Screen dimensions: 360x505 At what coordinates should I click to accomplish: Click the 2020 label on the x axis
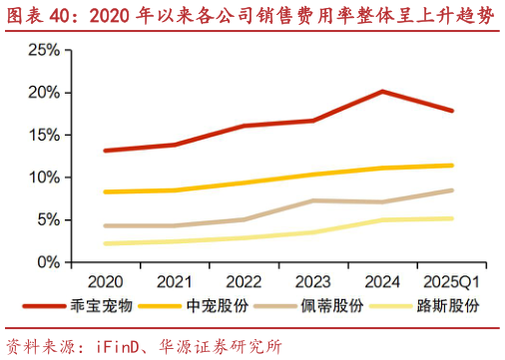pos(105,281)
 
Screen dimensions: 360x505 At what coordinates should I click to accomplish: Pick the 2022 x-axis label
pos(244,281)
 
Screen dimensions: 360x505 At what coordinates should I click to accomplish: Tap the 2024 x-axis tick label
pos(382,281)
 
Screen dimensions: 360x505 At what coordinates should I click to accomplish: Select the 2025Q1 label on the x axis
pos(452,281)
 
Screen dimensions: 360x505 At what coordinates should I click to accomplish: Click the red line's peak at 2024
pos(382,92)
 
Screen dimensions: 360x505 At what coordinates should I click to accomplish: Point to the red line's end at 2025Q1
pos(452,111)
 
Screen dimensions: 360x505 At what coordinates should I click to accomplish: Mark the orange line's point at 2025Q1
pos(452,166)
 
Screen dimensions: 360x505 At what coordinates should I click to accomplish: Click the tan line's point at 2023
pos(313,200)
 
